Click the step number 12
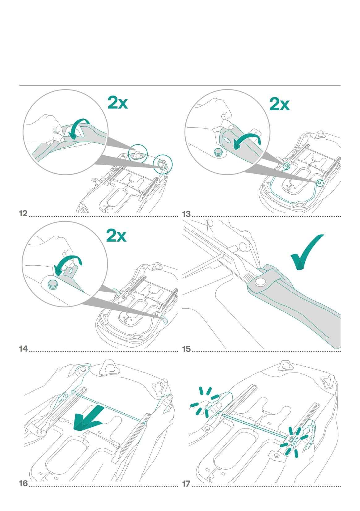coord(23,213)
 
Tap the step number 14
coord(23,349)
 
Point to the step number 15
coord(187,349)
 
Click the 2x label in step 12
coord(117,103)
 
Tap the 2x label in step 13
coord(279,104)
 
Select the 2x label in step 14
coord(116,236)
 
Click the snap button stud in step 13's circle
coord(218,152)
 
